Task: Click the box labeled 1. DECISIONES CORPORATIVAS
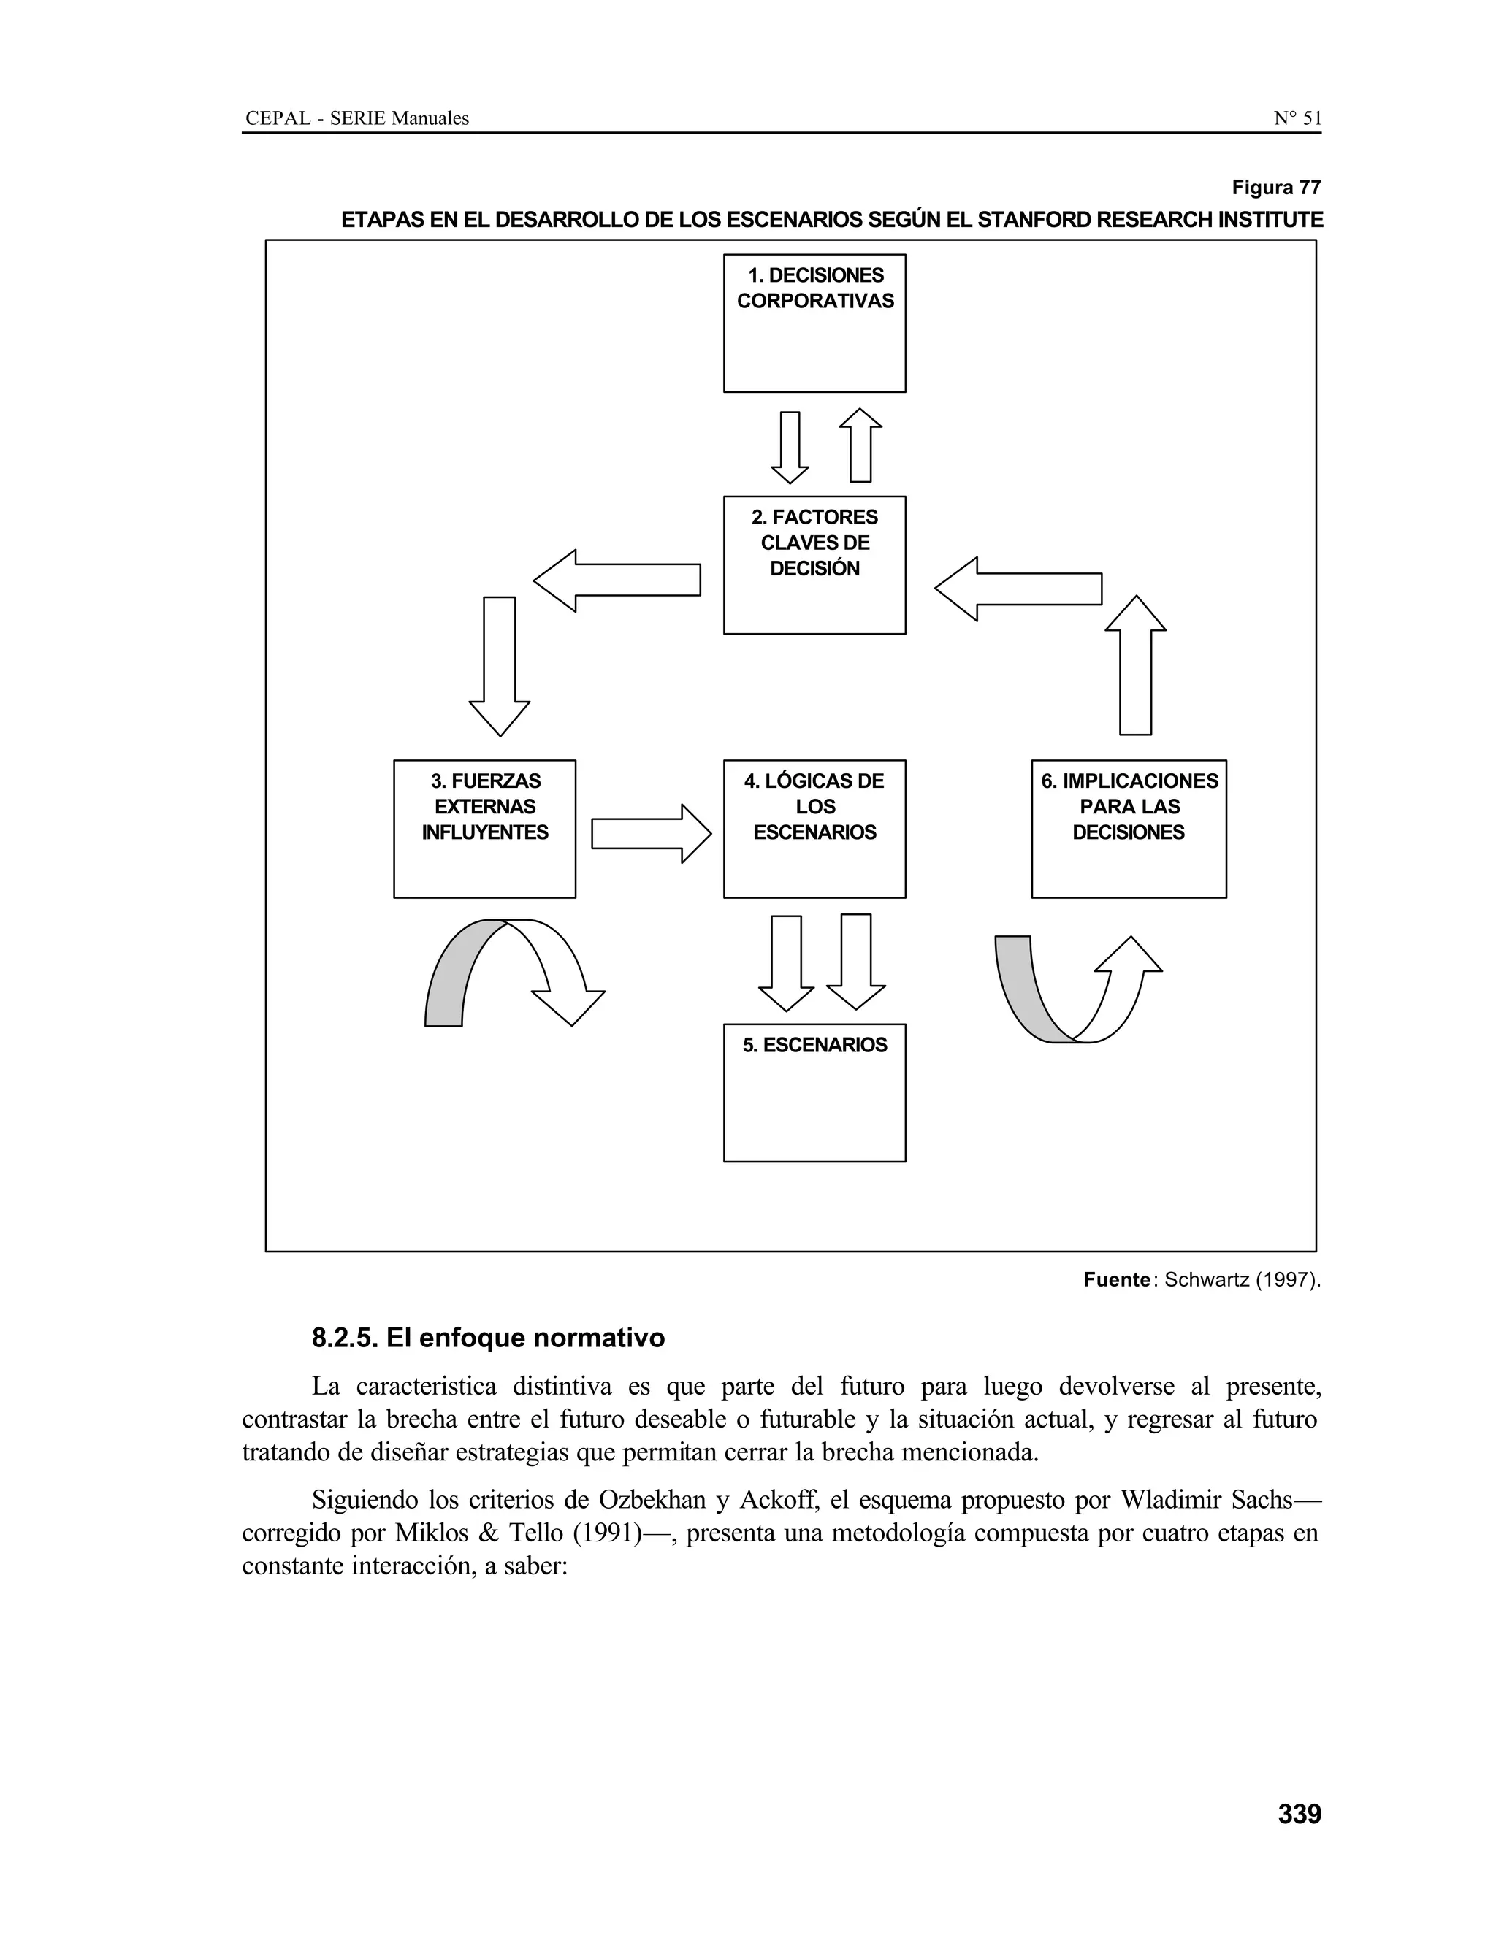(x=814, y=323)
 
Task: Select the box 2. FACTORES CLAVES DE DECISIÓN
(x=814, y=565)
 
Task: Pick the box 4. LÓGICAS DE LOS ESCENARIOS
(x=814, y=829)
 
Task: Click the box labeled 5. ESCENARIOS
(x=814, y=1092)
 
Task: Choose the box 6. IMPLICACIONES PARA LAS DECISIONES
(x=1128, y=829)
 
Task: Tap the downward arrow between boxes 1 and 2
(x=790, y=448)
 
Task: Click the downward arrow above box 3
(x=499, y=664)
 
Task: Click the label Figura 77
(x=1275, y=188)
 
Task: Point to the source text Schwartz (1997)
(x=1241, y=1279)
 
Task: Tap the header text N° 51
(x=1297, y=118)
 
